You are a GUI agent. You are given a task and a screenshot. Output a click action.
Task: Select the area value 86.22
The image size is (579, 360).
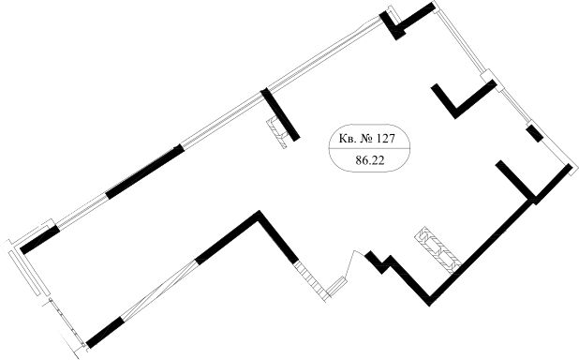(x=363, y=160)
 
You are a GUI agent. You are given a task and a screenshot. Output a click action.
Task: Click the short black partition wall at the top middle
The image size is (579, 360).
(x=280, y=114)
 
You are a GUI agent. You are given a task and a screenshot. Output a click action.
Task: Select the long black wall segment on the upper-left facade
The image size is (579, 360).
(x=144, y=172)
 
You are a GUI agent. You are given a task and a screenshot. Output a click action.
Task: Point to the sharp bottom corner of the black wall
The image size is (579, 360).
(x=432, y=299)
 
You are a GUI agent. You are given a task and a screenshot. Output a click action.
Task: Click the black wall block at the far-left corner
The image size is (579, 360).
(x=37, y=240)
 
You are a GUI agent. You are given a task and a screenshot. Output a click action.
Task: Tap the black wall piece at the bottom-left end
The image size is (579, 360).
(x=104, y=332)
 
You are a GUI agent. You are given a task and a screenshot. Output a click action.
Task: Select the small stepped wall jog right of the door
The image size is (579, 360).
(x=379, y=260)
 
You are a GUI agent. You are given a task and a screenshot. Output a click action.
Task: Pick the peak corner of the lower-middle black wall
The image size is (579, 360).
(x=258, y=217)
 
